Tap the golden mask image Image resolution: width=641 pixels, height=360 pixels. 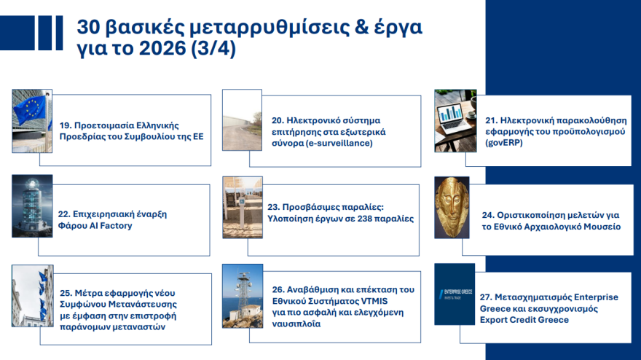(x=455, y=207)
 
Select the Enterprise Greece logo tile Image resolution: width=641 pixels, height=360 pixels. (x=455, y=294)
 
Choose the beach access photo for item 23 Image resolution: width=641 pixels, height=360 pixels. (x=243, y=207)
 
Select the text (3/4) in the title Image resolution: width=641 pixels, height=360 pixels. (x=213, y=52)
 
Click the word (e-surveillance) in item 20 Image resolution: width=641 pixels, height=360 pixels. (x=339, y=144)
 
